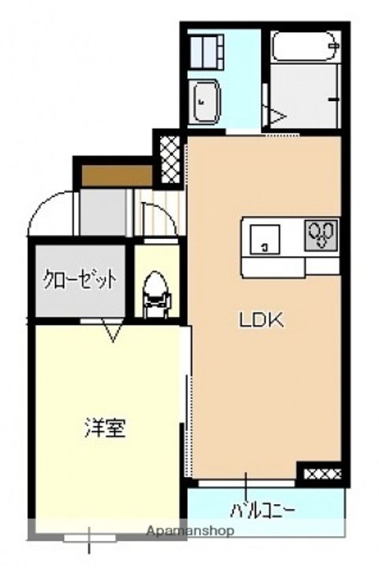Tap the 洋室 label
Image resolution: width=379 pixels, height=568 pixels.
click(x=104, y=429)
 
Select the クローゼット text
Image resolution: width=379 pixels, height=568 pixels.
click(x=80, y=279)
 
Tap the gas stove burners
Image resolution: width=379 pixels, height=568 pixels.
click(x=321, y=234)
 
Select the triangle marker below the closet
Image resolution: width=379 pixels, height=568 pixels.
click(x=112, y=332)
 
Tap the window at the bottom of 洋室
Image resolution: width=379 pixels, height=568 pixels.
click(x=88, y=539)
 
